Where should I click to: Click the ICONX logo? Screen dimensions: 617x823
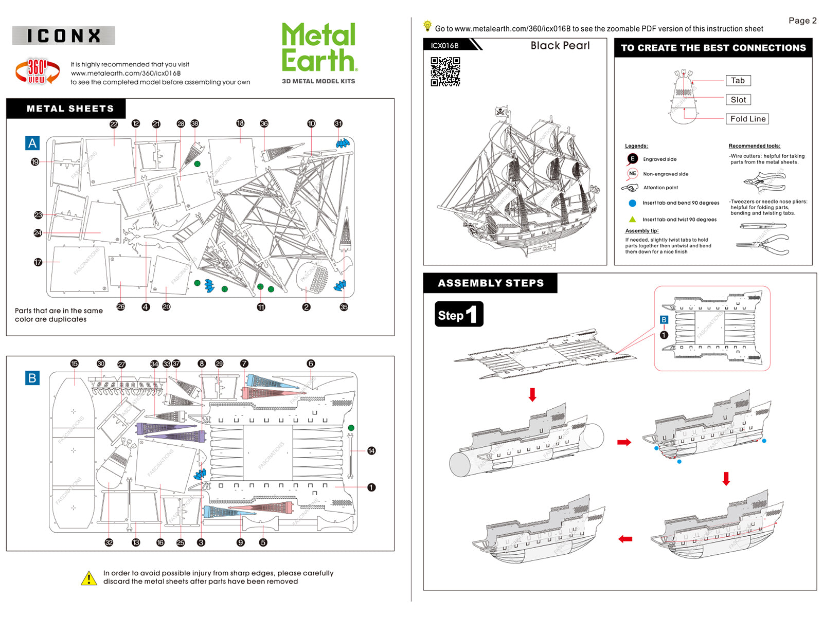(63, 35)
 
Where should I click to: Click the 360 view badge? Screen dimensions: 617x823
(37, 71)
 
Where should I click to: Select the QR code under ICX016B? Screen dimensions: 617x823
(445, 71)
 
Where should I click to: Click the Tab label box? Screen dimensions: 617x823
(738, 81)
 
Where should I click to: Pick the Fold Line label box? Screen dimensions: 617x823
(747, 119)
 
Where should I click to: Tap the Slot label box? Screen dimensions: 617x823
(738, 100)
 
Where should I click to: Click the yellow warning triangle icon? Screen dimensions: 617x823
(89, 578)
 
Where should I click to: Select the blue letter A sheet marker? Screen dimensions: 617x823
(32, 143)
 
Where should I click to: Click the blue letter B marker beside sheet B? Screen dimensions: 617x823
(32, 378)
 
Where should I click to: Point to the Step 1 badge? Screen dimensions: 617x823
(458, 315)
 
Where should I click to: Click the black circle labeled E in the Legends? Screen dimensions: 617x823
(632, 159)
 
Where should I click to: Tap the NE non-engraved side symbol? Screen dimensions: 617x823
(632, 174)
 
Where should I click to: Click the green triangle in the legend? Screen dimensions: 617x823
(632, 219)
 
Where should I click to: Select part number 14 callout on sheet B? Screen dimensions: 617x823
(371, 451)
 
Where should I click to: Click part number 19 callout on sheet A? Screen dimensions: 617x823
(35, 162)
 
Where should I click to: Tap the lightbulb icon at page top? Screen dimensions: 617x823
(427, 26)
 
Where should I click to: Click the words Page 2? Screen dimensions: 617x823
(802, 21)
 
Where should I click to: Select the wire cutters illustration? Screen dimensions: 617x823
(764, 180)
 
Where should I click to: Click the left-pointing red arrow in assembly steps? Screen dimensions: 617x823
(625, 539)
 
